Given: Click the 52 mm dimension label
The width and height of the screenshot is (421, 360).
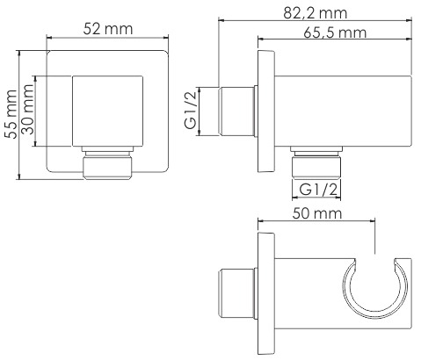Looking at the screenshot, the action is pyautogui.click(x=108, y=29).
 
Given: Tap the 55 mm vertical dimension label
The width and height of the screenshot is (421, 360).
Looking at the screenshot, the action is pyautogui.click(x=11, y=114).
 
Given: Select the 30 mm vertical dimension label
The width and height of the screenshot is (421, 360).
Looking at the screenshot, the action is pyautogui.click(x=28, y=109).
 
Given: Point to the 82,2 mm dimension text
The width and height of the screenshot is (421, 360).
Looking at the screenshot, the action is pyautogui.click(x=315, y=13).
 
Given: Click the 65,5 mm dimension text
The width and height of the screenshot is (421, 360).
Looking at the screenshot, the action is pyautogui.click(x=335, y=32).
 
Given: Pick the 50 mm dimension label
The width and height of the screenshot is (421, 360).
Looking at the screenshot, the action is pyautogui.click(x=317, y=213).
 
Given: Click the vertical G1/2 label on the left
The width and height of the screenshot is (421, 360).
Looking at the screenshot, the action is pyautogui.click(x=191, y=110).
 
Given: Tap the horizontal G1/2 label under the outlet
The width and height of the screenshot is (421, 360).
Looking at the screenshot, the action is pyautogui.click(x=318, y=190).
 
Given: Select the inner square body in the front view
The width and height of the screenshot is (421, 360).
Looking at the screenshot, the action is pyautogui.click(x=108, y=111).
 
